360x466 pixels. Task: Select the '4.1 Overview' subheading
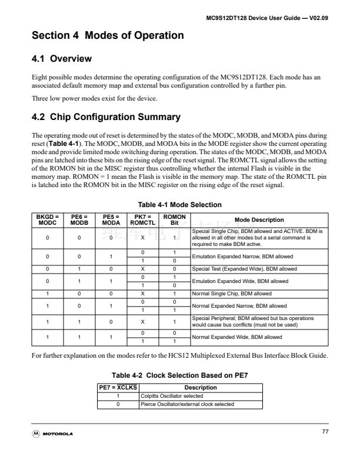click(x=62, y=59)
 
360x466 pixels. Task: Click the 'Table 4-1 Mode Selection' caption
click(x=179, y=205)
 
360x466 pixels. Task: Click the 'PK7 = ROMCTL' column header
click(x=142, y=219)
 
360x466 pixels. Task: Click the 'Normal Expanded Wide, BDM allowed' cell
click(x=232, y=337)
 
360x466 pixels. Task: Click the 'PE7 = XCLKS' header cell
click(x=118, y=387)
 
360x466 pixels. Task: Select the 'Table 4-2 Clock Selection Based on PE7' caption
click(x=179, y=375)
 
